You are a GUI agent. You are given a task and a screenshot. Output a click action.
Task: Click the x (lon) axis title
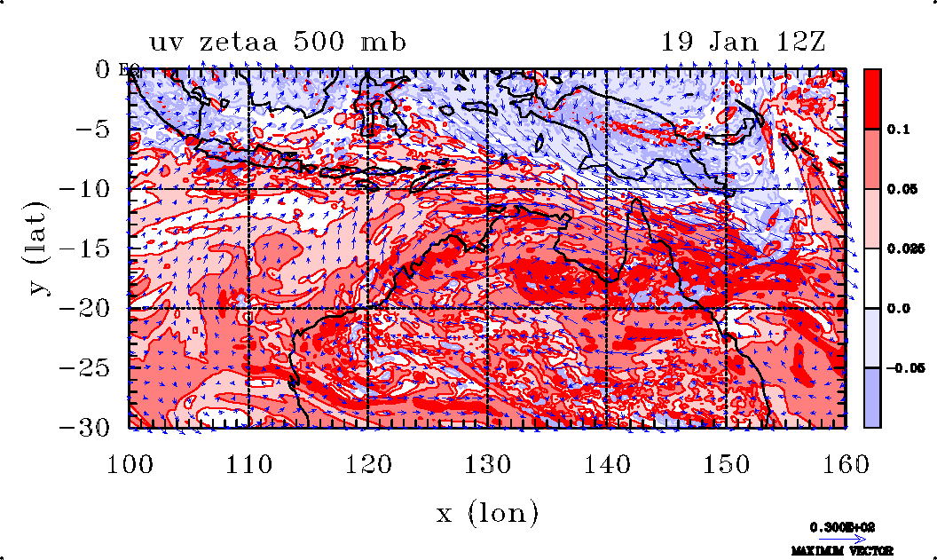(487, 513)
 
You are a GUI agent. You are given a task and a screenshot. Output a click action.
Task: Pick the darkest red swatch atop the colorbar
(872, 99)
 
